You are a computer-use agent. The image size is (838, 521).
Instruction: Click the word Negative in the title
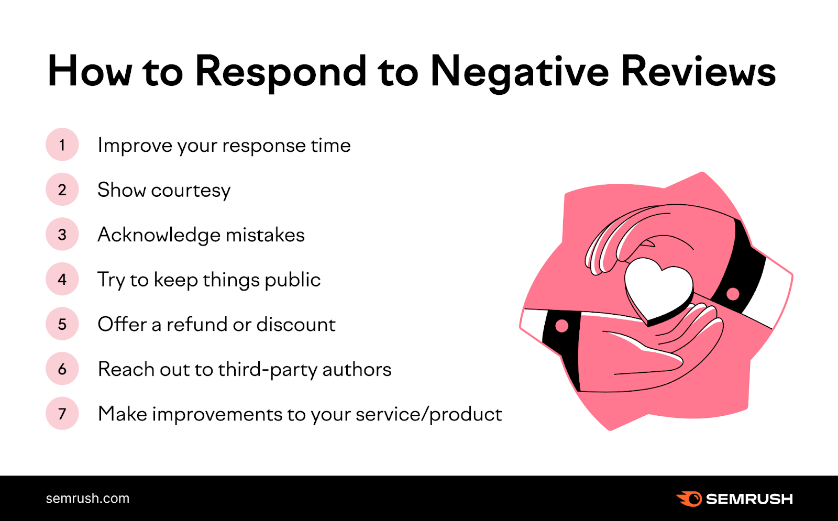click(519, 72)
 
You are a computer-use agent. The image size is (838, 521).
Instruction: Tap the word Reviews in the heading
click(698, 72)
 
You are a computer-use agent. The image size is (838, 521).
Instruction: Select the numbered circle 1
click(62, 145)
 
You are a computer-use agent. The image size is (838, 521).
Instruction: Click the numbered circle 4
click(62, 279)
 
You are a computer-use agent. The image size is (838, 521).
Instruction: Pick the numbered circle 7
click(62, 414)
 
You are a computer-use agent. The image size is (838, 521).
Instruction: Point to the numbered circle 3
click(62, 234)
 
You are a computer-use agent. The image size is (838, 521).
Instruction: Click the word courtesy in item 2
click(191, 191)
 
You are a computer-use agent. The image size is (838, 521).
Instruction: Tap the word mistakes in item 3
click(265, 235)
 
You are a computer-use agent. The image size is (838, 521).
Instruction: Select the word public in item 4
click(292, 280)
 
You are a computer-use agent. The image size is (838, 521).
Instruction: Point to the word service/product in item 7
click(428, 414)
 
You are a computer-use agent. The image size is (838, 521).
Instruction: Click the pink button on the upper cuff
click(733, 294)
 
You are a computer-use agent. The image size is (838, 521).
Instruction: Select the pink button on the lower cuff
click(561, 326)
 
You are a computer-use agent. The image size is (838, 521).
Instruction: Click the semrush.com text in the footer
click(87, 498)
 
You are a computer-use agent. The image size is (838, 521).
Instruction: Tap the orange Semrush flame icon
click(689, 498)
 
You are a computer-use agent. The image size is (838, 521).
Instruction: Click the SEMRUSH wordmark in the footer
click(749, 499)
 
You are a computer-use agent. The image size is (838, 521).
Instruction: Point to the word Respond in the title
click(281, 72)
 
